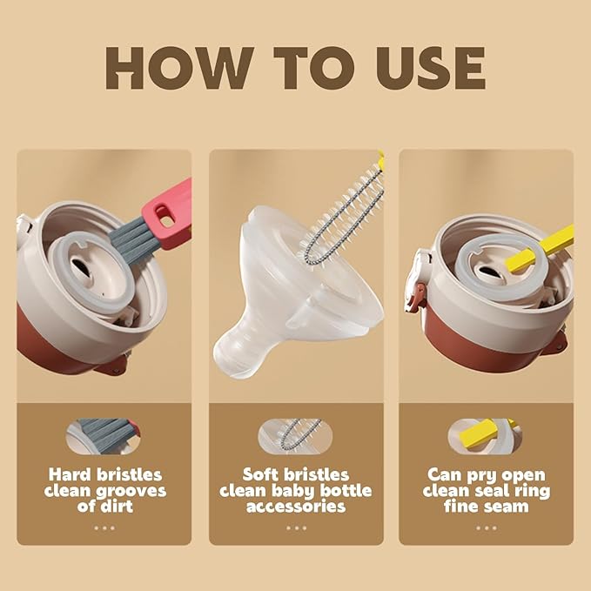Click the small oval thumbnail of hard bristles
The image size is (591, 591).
pyautogui.click(x=104, y=434)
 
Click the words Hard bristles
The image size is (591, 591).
pyautogui.click(x=104, y=475)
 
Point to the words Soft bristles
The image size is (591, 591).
pyautogui.click(x=295, y=475)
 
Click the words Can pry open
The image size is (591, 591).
pyautogui.click(x=486, y=475)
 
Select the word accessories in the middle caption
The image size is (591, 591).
pyautogui.click(x=295, y=506)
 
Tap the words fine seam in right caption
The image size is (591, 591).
pyautogui.click(x=486, y=506)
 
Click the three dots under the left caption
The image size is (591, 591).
pyautogui.click(x=104, y=527)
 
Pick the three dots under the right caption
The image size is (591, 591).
pyautogui.click(x=486, y=527)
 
